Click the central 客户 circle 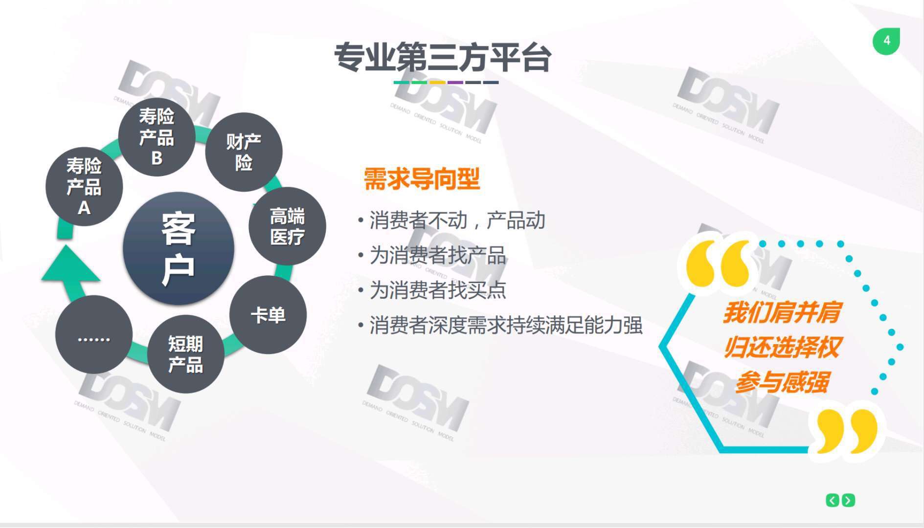[x=179, y=248]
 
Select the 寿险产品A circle [x=84, y=186]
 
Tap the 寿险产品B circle [x=157, y=137]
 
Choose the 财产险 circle [x=244, y=152]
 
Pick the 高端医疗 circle [x=287, y=226]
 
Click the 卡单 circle [x=268, y=315]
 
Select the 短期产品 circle [x=186, y=354]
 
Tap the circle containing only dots [x=94, y=334]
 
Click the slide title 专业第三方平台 [x=443, y=57]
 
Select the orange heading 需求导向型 [x=422, y=178]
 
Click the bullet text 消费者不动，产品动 [x=457, y=220]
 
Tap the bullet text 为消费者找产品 [x=438, y=255]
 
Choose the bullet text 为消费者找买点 [x=438, y=290]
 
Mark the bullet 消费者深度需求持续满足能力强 [x=506, y=325]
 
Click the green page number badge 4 [x=886, y=41]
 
